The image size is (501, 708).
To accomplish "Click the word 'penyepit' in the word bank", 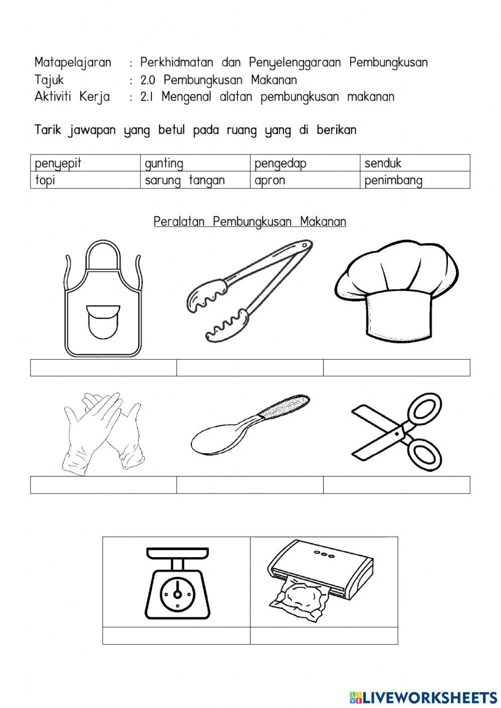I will tap(58, 163).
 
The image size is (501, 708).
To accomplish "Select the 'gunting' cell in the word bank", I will tap(164, 163).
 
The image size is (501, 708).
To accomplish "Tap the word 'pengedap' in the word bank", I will tap(280, 163).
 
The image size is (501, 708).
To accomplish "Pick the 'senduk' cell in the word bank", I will tap(383, 163).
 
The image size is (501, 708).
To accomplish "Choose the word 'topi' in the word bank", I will tap(45, 180).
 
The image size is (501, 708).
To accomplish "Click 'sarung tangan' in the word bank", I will tap(184, 180).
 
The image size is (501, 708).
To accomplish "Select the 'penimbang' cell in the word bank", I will tap(393, 180).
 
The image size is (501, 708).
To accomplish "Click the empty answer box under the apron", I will tap(103, 367).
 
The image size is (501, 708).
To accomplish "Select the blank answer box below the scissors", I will tap(396, 485).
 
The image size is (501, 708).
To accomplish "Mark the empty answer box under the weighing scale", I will tap(176, 635).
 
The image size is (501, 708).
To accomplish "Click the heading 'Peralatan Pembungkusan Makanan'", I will tap(249, 221).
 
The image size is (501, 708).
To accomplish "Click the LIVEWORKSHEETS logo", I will tap(423, 696).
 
